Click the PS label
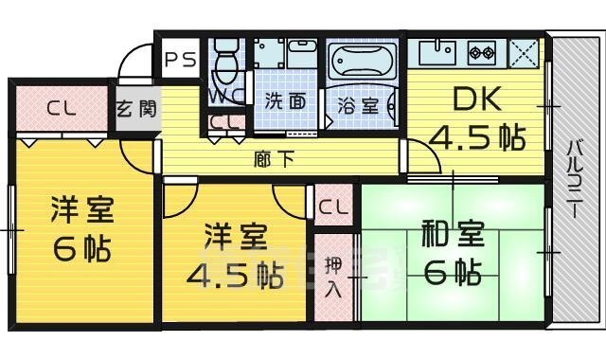click(x=181, y=59)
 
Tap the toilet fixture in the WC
click(x=225, y=64)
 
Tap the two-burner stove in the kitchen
click(x=480, y=51)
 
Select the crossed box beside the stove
click(x=524, y=51)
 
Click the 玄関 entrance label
click(x=136, y=107)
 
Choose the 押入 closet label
click(x=332, y=275)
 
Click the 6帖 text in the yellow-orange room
click(x=80, y=248)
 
